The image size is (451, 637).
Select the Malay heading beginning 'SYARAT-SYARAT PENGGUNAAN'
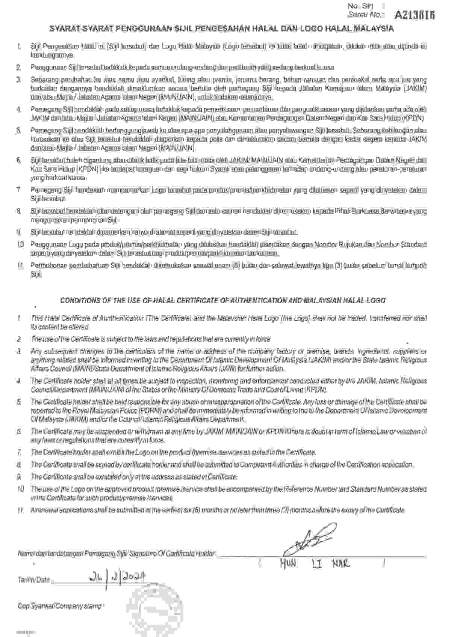(222, 29)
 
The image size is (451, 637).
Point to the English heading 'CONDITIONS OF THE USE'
(222, 301)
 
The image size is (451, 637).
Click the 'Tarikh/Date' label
(34, 580)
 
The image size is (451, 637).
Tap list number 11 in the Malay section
(20, 266)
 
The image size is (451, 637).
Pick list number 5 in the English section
(19, 402)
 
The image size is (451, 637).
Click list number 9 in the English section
(19, 477)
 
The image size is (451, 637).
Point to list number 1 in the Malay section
(19, 47)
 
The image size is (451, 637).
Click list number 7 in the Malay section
(19, 190)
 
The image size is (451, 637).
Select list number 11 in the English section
(20, 510)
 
